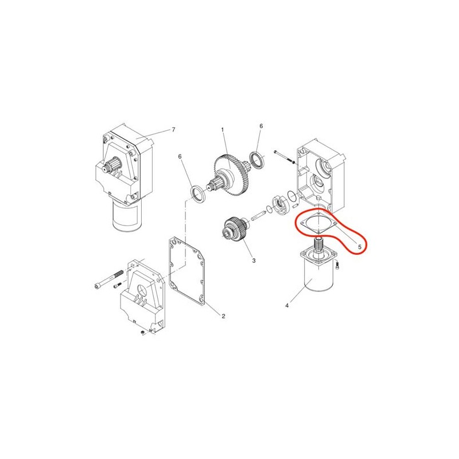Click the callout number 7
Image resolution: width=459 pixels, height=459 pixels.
(173, 130)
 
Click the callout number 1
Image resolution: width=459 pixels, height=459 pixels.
(223, 129)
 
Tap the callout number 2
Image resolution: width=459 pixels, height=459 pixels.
(223, 316)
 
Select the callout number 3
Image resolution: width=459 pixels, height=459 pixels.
(254, 260)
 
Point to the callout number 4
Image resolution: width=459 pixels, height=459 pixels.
(287, 306)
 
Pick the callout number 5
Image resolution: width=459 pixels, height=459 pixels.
(360, 247)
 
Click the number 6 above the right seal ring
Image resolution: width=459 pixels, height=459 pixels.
(261, 126)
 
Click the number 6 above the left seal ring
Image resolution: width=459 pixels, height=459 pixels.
(180, 157)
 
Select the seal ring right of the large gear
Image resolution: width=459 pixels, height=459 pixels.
(257, 160)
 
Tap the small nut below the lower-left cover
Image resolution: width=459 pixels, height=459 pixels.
(142, 333)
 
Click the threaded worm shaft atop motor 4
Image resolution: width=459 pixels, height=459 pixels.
(318, 244)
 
